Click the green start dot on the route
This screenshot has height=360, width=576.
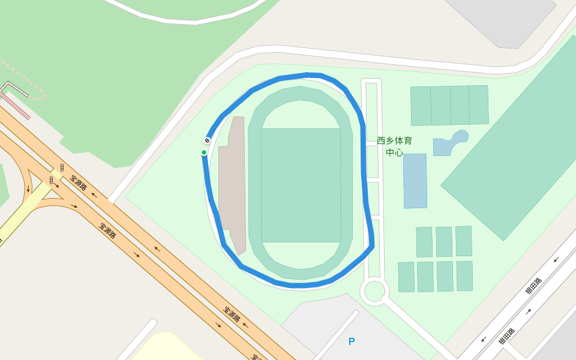click(x=204, y=152)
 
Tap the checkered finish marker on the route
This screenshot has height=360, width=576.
click(x=207, y=140)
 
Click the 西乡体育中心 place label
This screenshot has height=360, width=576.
click(x=394, y=146)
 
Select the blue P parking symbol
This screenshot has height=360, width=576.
click(x=352, y=341)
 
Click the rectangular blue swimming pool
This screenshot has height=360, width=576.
click(x=415, y=181)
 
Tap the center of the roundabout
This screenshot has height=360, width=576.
click(x=374, y=291)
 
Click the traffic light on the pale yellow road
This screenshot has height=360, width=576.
click(x=52, y=179)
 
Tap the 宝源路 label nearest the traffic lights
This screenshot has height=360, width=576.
click(x=79, y=182)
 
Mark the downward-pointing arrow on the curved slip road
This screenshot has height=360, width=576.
click(x=28, y=189)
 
